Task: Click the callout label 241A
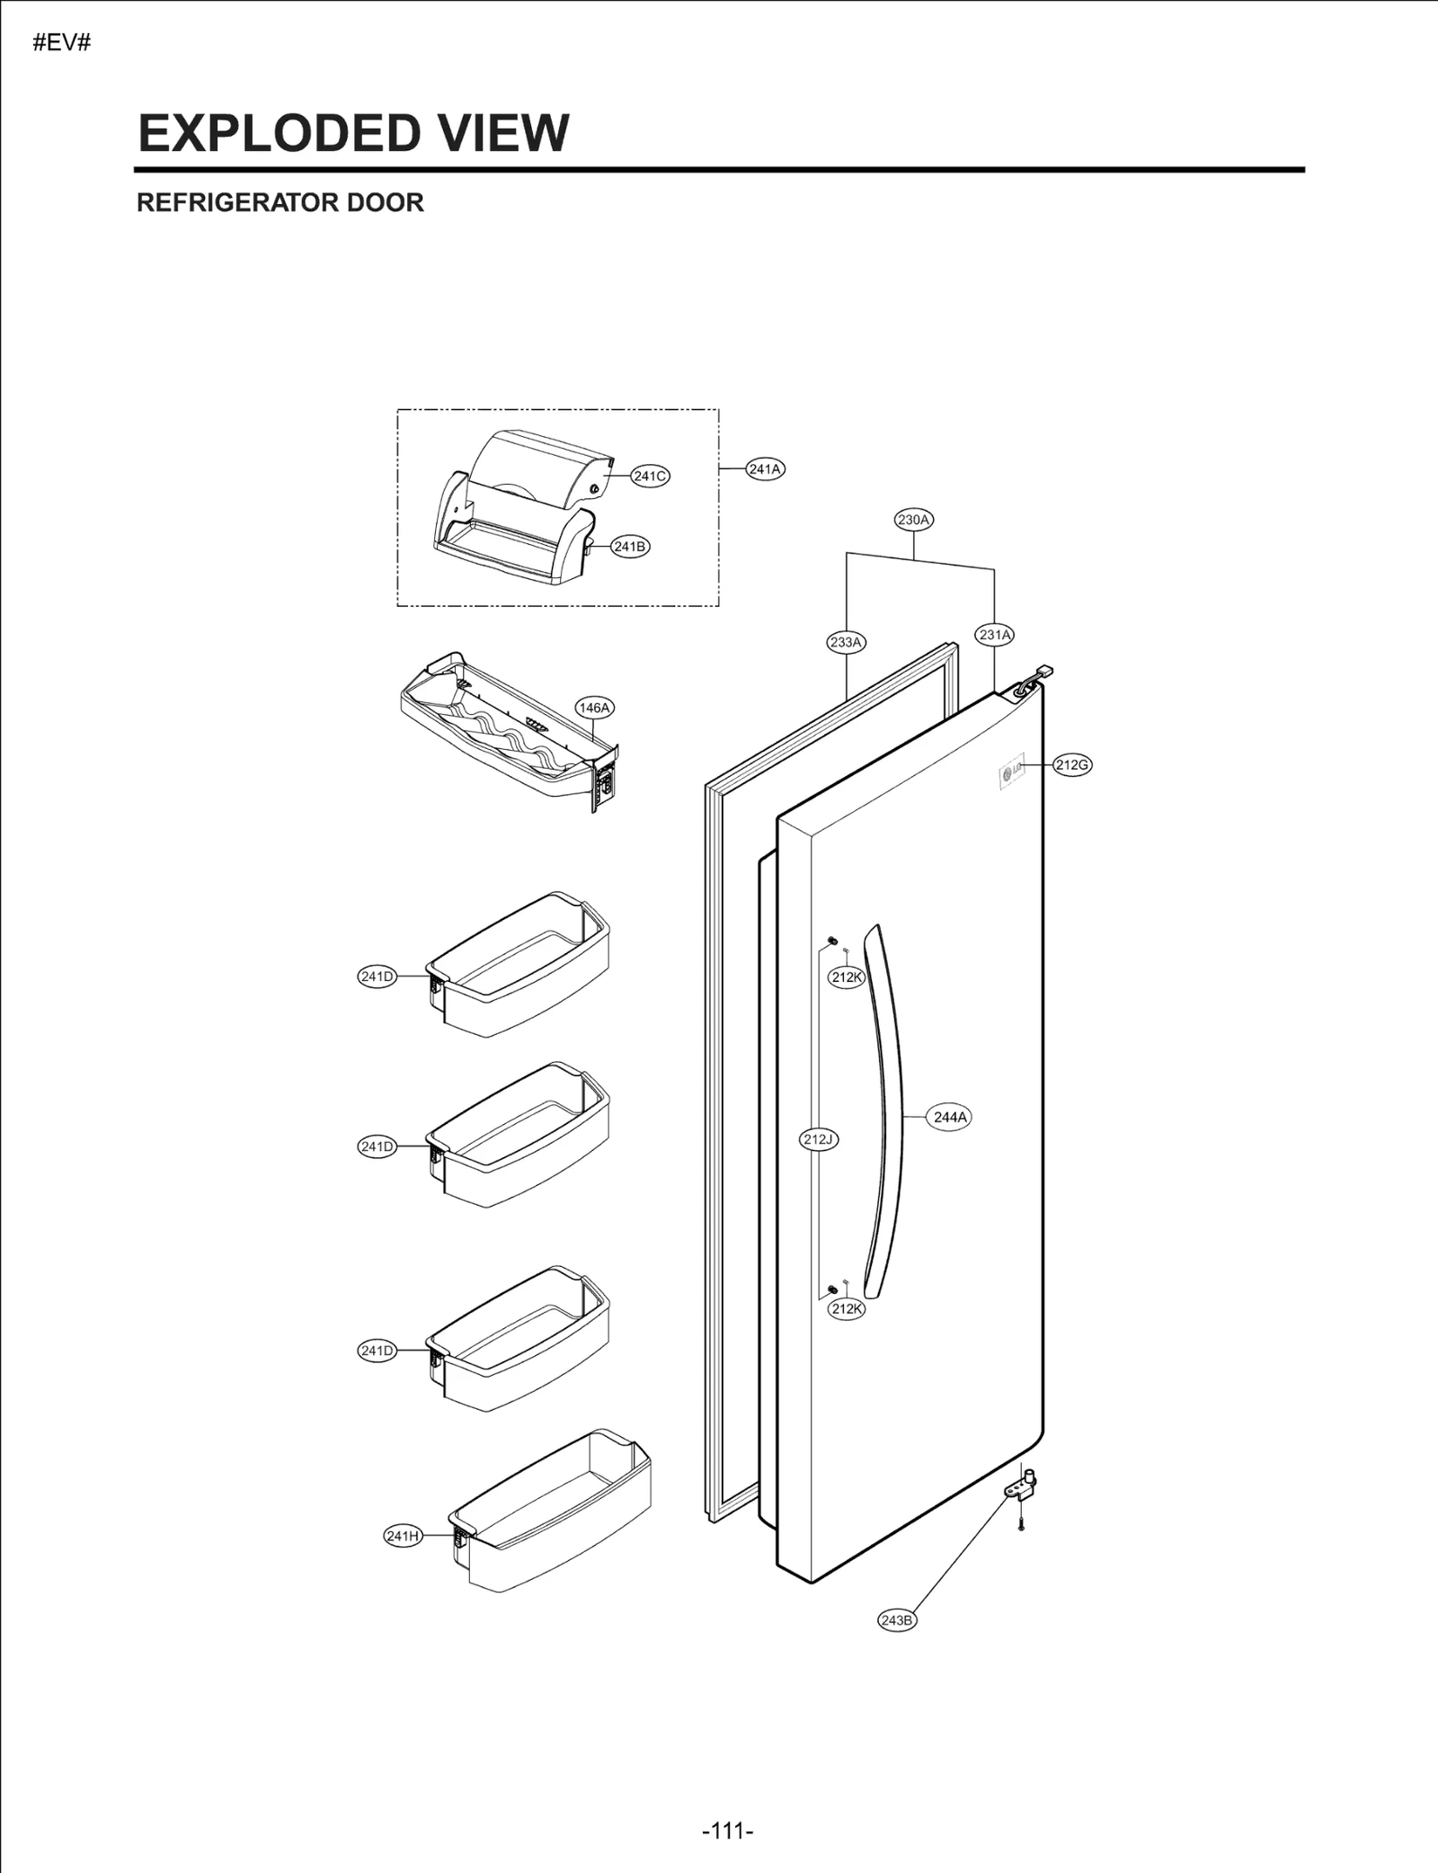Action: (765, 468)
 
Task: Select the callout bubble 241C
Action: (650, 476)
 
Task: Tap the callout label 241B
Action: (629, 546)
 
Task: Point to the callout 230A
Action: (914, 519)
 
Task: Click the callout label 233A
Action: (846, 642)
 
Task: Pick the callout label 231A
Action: (995, 635)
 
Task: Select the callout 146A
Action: (594, 708)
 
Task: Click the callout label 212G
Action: (1072, 765)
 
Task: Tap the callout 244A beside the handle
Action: (950, 1117)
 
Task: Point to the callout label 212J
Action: (819, 1139)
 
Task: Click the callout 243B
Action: (897, 1620)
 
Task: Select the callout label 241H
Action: (403, 1536)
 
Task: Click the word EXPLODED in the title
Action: (278, 133)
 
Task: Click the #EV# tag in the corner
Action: (62, 42)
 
